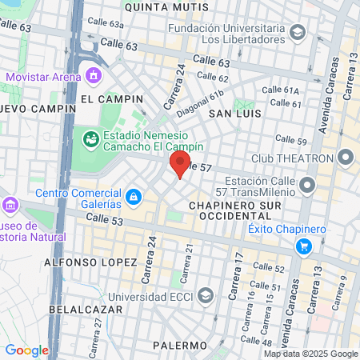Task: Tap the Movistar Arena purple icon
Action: click(94, 77)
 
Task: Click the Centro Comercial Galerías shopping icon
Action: click(134, 195)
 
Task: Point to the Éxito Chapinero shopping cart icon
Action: click(302, 246)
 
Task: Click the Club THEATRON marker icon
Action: click(346, 157)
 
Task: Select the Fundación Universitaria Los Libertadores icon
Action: click(298, 33)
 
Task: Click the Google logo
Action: click(26, 350)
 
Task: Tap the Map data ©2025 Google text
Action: click(311, 354)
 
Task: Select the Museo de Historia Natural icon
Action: click(10, 205)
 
